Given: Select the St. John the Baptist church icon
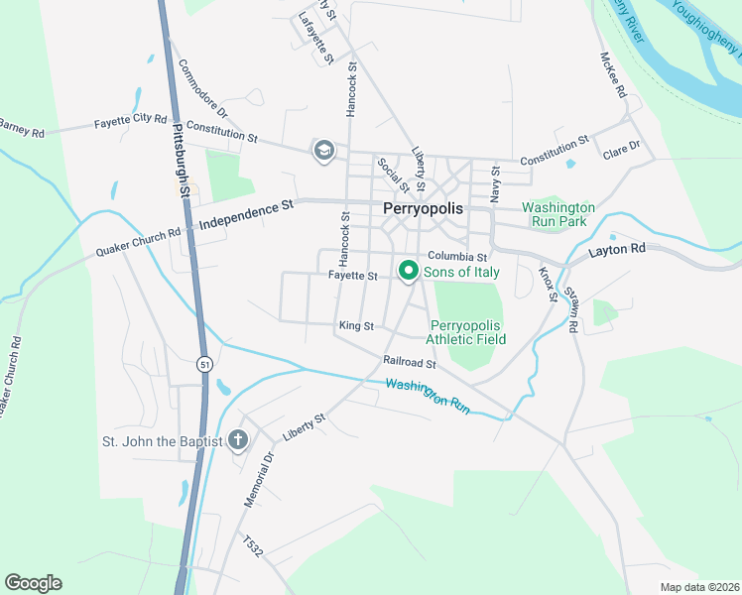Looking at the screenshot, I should pos(237,439).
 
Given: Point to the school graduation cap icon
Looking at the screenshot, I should pos(323,151).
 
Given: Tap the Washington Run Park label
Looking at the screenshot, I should pos(558,214).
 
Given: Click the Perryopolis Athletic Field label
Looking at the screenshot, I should pos(466,332).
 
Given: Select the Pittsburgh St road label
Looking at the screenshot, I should pos(181,160).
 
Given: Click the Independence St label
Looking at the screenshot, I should pos(248,215).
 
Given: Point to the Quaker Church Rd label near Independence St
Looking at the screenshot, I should pos(138,242).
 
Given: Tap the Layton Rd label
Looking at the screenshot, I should pos(617,248).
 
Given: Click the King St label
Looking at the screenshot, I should pos(355,325).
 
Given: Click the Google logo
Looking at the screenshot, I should pos(33,583).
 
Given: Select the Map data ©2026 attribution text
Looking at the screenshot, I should pos(699,587).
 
